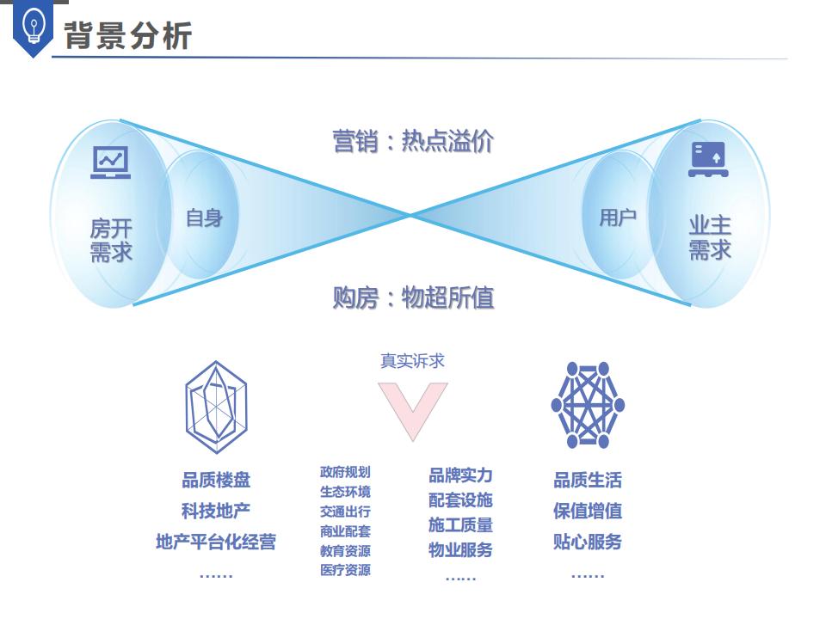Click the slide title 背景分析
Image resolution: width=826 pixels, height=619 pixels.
[127, 35]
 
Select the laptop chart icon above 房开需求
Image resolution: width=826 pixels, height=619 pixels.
[111, 162]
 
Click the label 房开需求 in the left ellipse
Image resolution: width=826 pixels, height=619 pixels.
[111, 240]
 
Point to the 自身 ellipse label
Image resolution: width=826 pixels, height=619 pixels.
[204, 218]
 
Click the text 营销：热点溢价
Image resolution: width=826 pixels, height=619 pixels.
[413, 141]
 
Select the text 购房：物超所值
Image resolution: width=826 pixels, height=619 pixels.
[413, 297]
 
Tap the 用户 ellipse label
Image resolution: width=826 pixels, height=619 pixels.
[618, 218]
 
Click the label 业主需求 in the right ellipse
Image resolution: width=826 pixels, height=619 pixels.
[710, 237]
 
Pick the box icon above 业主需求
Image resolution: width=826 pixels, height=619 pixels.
[708, 160]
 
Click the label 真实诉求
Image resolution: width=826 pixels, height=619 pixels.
[413, 361]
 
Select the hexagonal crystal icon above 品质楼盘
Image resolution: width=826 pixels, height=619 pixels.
[216, 408]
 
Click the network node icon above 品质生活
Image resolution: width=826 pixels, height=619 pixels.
[588, 404]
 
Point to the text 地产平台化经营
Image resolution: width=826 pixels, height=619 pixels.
[216, 542]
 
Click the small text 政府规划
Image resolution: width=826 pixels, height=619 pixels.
[345, 472]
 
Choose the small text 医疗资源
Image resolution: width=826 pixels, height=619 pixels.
[345, 570]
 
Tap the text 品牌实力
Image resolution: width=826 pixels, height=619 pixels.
[460, 475]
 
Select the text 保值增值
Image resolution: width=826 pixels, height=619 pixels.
[588, 512]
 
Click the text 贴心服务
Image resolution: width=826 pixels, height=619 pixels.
[588, 542]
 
